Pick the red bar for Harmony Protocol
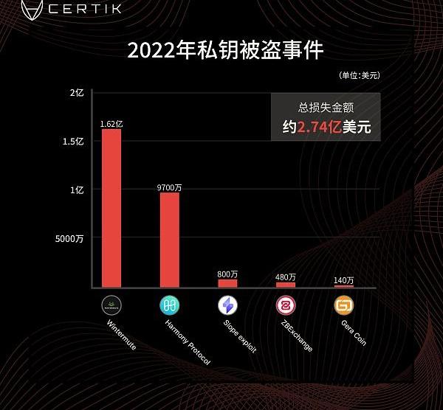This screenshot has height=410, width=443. [x=170, y=240]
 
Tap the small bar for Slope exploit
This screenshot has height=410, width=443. [x=227, y=283]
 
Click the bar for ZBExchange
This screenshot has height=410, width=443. [x=286, y=284]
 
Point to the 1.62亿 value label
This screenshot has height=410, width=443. [x=111, y=124]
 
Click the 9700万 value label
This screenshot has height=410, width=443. [x=170, y=188]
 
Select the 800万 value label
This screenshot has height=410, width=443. [x=227, y=274]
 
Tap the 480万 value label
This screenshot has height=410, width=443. [x=286, y=277]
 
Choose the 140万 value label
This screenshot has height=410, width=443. [x=344, y=280]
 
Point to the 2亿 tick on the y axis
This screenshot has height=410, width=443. [x=77, y=93]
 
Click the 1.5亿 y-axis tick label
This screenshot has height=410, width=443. [x=73, y=142]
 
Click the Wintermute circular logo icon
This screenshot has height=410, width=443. [x=111, y=305]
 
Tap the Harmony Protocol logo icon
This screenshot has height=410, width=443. [x=170, y=305]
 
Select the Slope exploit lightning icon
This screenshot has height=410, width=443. [x=227, y=305]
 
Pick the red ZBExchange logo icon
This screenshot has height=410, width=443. [x=286, y=305]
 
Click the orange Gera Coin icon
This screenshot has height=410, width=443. [x=344, y=305]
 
